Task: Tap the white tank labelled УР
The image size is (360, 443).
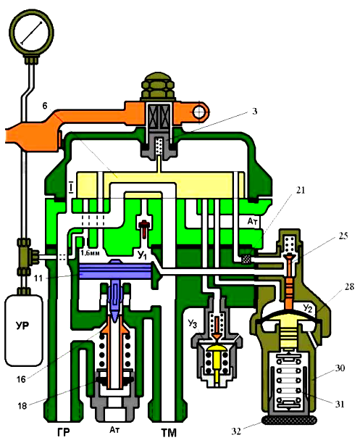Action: (x=24, y=331)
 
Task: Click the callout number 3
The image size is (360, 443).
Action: (x=254, y=111)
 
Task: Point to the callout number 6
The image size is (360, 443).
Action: (x=45, y=106)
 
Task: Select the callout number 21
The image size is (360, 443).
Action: (x=300, y=190)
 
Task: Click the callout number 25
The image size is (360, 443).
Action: (x=343, y=236)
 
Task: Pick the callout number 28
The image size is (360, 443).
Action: (x=349, y=287)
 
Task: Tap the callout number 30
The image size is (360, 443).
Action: (x=340, y=368)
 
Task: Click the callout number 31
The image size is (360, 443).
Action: (x=340, y=405)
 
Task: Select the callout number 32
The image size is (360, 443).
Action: (x=237, y=431)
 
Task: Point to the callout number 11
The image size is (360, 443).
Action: (x=38, y=278)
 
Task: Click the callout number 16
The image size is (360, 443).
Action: (x=21, y=379)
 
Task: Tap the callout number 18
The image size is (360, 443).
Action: (x=22, y=406)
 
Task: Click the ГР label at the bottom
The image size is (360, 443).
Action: (x=63, y=433)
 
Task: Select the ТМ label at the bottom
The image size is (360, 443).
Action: (x=169, y=433)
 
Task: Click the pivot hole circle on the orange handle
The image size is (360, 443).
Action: (x=200, y=112)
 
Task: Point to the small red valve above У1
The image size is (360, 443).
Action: (x=144, y=228)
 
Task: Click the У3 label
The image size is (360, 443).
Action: (x=192, y=323)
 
